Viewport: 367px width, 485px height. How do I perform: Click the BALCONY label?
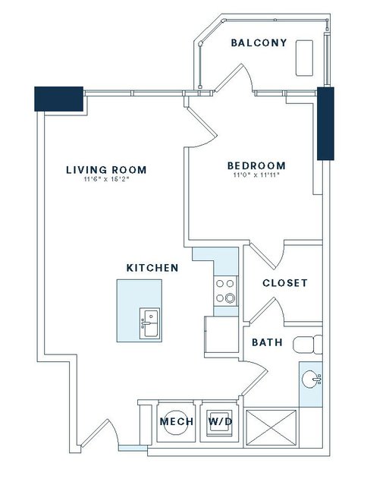click(x=259, y=43)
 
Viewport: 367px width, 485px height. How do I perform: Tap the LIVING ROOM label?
click(x=106, y=170)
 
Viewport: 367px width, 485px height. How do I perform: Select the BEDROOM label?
click(x=256, y=165)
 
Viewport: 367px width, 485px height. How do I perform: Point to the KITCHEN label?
click(x=152, y=268)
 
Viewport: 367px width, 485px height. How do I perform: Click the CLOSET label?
click(x=285, y=283)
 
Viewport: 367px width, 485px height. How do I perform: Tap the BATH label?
click(x=267, y=342)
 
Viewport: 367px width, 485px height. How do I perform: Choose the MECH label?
click(x=177, y=421)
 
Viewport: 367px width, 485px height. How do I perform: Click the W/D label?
click(x=220, y=421)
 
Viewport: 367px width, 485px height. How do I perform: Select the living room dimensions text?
click(x=106, y=179)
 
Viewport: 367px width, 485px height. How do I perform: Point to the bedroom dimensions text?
click(x=256, y=175)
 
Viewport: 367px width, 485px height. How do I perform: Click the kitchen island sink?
click(x=150, y=323)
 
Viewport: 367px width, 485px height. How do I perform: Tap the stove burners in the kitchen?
click(x=225, y=291)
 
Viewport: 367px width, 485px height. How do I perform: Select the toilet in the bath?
click(x=307, y=345)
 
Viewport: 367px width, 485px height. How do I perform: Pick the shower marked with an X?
click(x=271, y=428)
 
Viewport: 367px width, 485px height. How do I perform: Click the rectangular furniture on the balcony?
click(x=304, y=58)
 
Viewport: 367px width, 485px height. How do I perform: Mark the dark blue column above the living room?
click(x=58, y=99)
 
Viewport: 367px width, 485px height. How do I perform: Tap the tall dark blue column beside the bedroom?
click(x=325, y=124)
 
